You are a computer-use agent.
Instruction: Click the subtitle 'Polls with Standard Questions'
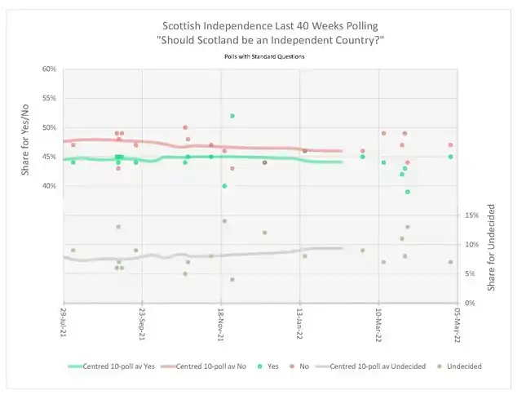(260, 56)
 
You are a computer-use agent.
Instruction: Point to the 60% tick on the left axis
(49, 69)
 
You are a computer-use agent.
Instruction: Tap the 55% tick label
(49, 99)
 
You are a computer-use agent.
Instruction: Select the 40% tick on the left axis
(49, 186)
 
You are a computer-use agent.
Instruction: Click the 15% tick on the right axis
(471, 215)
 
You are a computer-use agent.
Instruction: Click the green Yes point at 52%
(232, 116)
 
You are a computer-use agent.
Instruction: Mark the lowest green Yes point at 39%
(407, 192)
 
